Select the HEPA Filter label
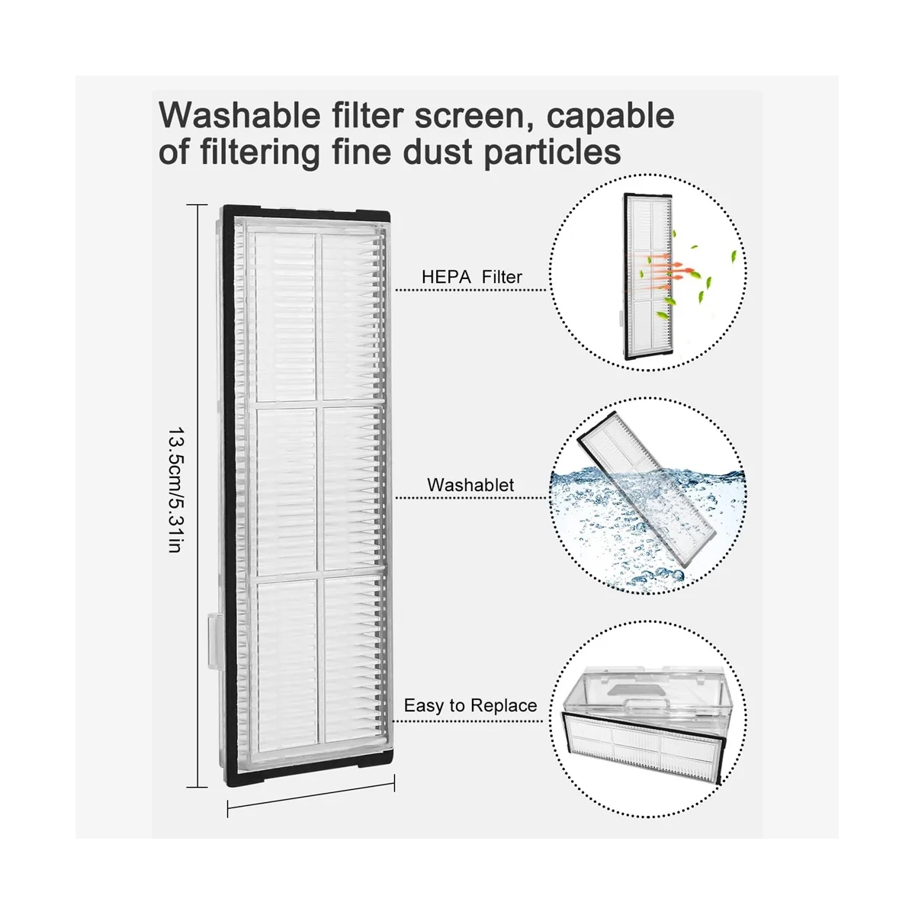tap(472, 277)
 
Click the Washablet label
tap(470, 485)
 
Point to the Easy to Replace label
tap(470, 705)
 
